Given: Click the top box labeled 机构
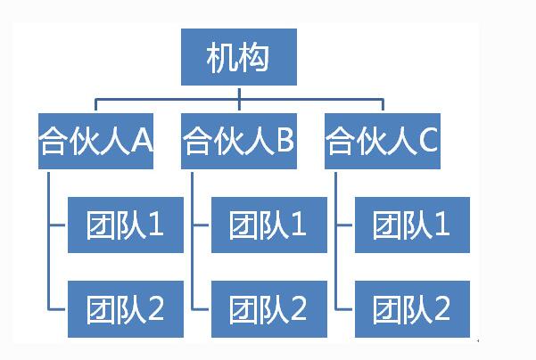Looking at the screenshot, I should (x=238, y=59).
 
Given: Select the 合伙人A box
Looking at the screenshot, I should (x=95, y=140).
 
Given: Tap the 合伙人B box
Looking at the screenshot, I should (x=239, y=140).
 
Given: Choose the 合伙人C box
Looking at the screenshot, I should (x=383, y=140).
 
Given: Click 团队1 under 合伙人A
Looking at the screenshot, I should (x=125, y=225).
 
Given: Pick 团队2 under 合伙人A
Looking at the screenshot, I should (x=125, y=309).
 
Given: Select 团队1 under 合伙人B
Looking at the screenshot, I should (x=268, y=225).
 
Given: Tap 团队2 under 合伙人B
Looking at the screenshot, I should (x=268, y=309).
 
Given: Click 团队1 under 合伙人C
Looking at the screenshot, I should (x=412, y=225).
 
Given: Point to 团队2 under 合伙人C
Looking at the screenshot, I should (x=412, y=309).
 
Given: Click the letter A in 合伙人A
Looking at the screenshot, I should (x=142, y=140).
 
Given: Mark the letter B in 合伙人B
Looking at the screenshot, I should (x=285, y=140).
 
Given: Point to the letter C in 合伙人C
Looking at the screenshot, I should (x=428, y=140).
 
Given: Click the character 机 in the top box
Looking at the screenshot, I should (x=221, y=59).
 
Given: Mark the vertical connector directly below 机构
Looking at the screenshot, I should (x=239, y=92).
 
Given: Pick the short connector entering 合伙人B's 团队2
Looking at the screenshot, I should (x=202, y=309).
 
